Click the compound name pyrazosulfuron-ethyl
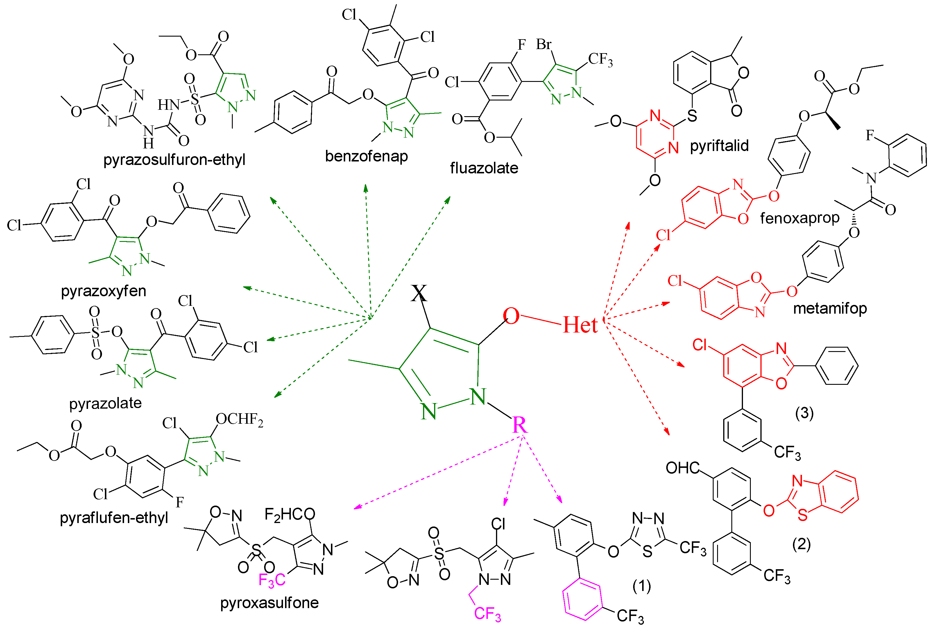tap(174, 160)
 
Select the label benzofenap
tap(366, 156)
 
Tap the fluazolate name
tap(484, 168)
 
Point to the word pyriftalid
tap(719, 145)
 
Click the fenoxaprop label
tap(799, 218)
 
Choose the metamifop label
tap(830, 308)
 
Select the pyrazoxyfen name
tap(103, 290)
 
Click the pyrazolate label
tap(105, 403)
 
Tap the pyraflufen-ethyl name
tap(114, 518)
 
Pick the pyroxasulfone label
tap(269, 603)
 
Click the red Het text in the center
tap(580, 325)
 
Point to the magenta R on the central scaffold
tap(520, 425)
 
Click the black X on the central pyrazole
tap(419, 293)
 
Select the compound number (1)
tap(642, 586)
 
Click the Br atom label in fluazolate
tap(544, 44)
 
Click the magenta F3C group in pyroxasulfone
tap(272, 580)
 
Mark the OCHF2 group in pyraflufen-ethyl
tap(239, 420)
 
